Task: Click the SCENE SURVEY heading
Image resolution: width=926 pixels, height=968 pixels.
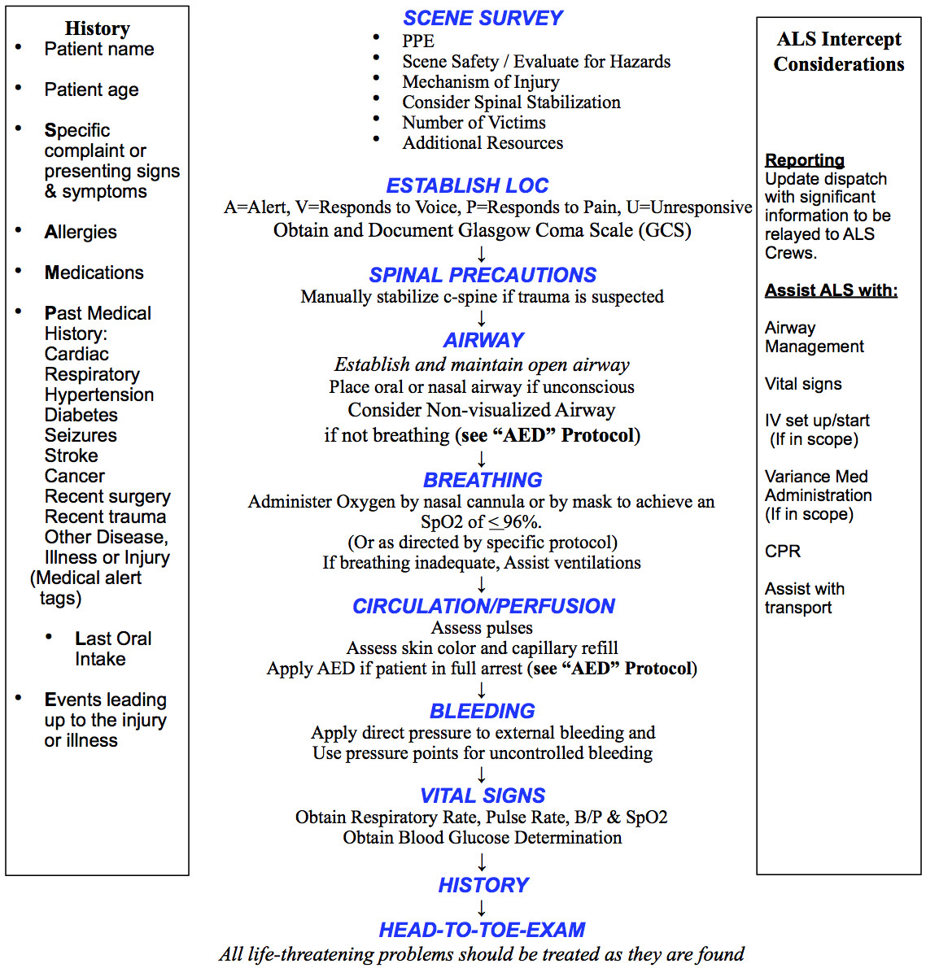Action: pyautogui.click(x=483, y=18)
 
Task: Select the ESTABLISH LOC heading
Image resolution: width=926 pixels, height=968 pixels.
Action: pyautogui.click(x=467, y=185)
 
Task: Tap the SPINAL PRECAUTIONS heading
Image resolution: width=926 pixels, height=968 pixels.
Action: pyautogui.click(x=483, y=275)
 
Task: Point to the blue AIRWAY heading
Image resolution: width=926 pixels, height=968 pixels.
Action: pyautogui.click(x=483, y=340)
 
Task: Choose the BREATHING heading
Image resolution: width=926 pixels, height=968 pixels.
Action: pyautogui.click(x=483, y=480)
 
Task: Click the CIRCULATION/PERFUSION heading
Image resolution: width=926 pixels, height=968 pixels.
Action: pyautogui.click(x=483, y=606)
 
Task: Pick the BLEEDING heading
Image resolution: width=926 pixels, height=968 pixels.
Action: pyautogui.click(x=483, y=711)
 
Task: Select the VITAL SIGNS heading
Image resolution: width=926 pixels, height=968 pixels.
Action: pyautogui.click(x=483, y=796)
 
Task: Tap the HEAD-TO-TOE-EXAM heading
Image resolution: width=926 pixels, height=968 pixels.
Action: pyautogui.click(x=483, y=930)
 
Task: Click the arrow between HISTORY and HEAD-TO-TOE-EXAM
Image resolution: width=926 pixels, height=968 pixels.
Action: pyautogui.click(x=482, y=908)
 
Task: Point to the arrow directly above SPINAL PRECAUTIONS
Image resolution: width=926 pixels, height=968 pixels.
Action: pyautogui.click(x=482, y=253)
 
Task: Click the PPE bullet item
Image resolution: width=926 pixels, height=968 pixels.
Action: pyautogui.click(x=418, y=41)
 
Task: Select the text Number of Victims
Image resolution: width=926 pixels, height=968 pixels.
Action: pyautogui.click(x=474, y=122)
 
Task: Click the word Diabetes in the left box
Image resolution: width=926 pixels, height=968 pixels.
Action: pyautogui.click(x=81, y=415)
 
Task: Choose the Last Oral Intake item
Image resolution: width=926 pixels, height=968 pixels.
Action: pyautogui.click(x=113, y=648)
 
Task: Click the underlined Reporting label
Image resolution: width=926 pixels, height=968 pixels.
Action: pyautogui.click(x=805, y=160)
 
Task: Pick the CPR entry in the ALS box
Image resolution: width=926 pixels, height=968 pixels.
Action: pyautogui.click(x=783, y=552)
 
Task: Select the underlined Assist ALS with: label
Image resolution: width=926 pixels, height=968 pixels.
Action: pyautogui.click(x=831, y=290)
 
